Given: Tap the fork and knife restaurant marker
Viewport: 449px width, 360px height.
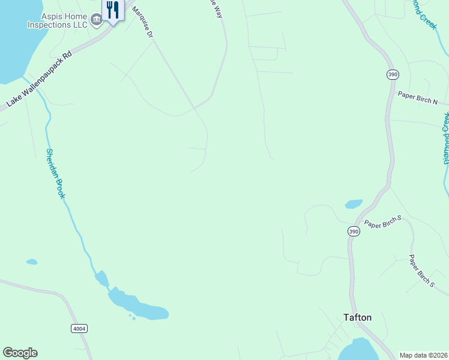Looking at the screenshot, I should point(112,10).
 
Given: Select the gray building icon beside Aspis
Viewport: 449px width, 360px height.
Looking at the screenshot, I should point(95,22).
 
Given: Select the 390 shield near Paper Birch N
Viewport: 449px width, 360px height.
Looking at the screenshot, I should point(393,74).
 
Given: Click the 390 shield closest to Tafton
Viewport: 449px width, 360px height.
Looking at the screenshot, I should point(354,231).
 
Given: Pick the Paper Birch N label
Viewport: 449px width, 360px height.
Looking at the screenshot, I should point(418,98).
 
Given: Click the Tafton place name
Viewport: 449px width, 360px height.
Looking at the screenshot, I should point(357,317).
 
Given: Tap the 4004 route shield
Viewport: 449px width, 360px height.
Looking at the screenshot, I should point(79,328).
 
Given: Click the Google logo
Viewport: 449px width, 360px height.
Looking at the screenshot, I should point(20,353).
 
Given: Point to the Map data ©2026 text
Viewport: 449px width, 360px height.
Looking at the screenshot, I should point(423,355).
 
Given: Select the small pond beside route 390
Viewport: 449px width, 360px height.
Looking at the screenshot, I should point(354,204).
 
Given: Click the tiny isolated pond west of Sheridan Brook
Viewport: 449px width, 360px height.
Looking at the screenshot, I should point(32,262).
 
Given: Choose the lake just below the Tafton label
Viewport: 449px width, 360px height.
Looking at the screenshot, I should point(358,350).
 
